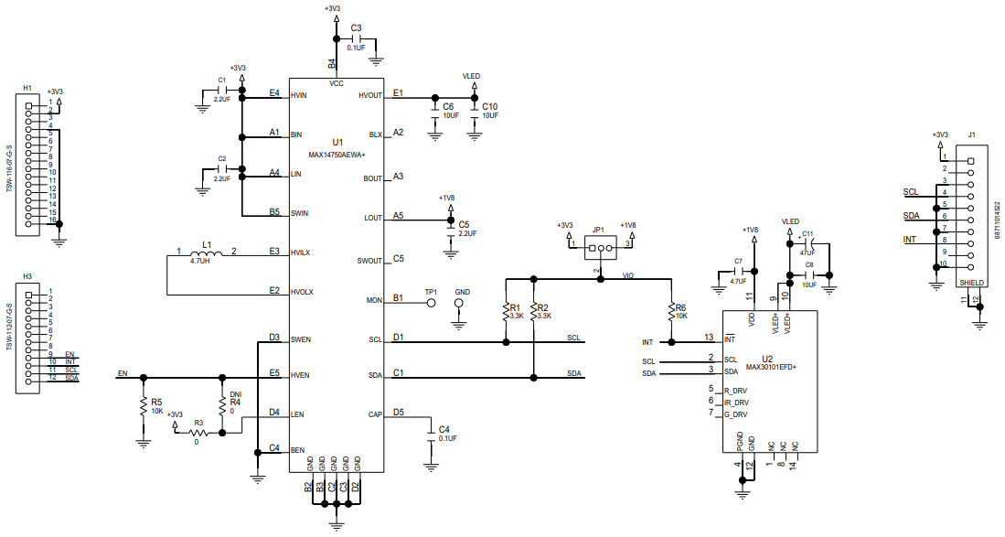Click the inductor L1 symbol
pos(208,252)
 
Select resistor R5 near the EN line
pos(143,406)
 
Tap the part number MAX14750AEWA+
pos(337,156)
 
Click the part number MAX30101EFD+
pos(771,367)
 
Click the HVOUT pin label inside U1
pos(370,95)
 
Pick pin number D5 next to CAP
pos(398,413)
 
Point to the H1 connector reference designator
pos(27,88)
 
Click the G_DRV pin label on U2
pos(736,413)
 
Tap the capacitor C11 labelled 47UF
pos(807,246)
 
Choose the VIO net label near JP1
pos(628,274)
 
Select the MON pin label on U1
pos(374,300)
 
